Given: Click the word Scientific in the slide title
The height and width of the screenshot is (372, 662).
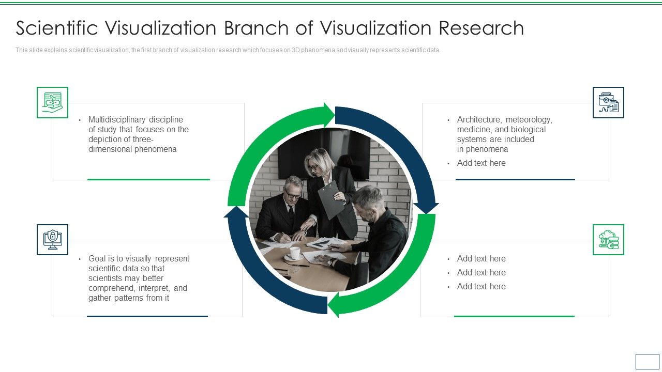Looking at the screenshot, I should (56, 28).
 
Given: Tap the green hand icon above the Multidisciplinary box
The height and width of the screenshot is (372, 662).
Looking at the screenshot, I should (52, 102).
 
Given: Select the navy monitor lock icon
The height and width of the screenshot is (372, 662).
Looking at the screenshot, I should (52, 239).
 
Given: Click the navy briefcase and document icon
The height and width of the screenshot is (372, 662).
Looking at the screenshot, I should (608, 102).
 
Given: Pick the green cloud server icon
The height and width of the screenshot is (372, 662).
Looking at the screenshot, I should (608, 240).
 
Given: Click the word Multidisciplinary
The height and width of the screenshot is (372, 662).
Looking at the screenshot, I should (117, 119).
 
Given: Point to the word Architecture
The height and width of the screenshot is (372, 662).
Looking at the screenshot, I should (478, 119).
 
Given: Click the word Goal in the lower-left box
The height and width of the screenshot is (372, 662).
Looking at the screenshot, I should (97, 258).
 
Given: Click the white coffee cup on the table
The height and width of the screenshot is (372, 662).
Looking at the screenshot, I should (294, 252).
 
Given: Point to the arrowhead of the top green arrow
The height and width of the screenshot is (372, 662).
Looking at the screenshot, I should (329, 114).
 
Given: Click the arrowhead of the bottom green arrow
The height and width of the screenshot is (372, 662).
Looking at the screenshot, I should (334, 305).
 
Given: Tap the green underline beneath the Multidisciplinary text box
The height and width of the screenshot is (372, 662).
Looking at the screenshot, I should (148, 179).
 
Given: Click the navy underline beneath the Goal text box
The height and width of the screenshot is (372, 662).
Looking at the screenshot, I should (147, 316).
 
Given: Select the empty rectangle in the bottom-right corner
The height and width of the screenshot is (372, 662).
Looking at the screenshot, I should (647, 361).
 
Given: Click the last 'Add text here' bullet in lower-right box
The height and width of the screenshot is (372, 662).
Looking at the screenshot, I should (481, 286).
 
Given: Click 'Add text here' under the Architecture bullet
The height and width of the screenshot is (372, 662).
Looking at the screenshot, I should (481, 163).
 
